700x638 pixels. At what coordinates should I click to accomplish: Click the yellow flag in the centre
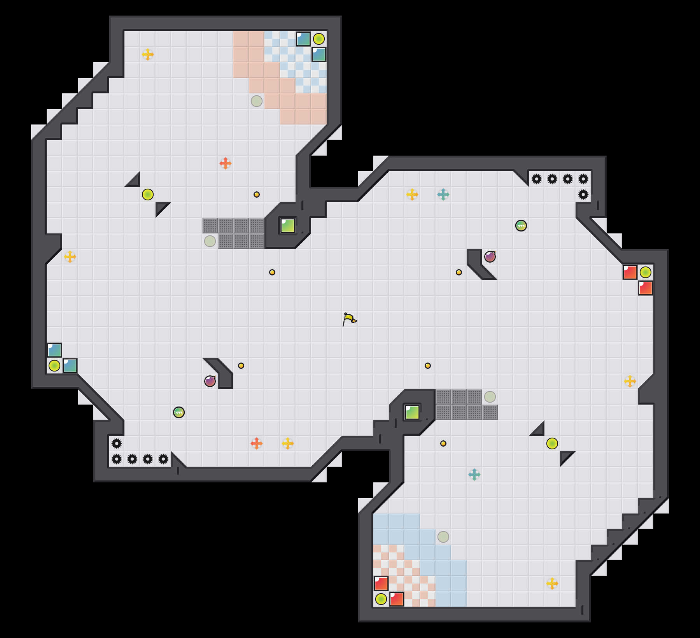(349, 319)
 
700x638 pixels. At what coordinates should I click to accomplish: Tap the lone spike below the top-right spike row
(583, 195)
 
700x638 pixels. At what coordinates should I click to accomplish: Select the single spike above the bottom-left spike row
(117, 443)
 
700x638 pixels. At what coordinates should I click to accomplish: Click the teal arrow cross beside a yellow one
(443, 195)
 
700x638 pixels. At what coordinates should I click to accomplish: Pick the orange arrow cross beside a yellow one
(256, 443)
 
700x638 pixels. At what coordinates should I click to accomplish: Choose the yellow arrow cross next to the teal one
(412, 195)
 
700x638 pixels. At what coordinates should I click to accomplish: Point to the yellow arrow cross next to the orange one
(288, 443)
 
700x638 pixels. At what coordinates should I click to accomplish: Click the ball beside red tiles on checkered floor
(381, 599)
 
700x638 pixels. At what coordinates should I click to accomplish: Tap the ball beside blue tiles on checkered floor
(319, 39)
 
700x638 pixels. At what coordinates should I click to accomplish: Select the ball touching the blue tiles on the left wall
(54, 366)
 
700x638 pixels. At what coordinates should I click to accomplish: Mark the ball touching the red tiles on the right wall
(646, 272)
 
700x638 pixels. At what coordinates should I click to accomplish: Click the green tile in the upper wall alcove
(288, 226)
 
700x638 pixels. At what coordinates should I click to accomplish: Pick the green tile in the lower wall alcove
(412, 412)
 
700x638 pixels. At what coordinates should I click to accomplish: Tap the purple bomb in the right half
(490, 257)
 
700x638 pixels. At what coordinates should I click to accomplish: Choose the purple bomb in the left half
(210, 381)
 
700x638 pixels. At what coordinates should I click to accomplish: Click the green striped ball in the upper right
(521, 226)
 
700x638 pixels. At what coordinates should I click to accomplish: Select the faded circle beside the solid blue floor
(443, 537)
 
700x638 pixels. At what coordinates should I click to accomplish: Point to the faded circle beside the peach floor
(257, 101)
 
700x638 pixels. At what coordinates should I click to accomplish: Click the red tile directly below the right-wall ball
(646, 288)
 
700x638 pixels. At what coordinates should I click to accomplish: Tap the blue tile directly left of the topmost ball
(303, 39)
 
